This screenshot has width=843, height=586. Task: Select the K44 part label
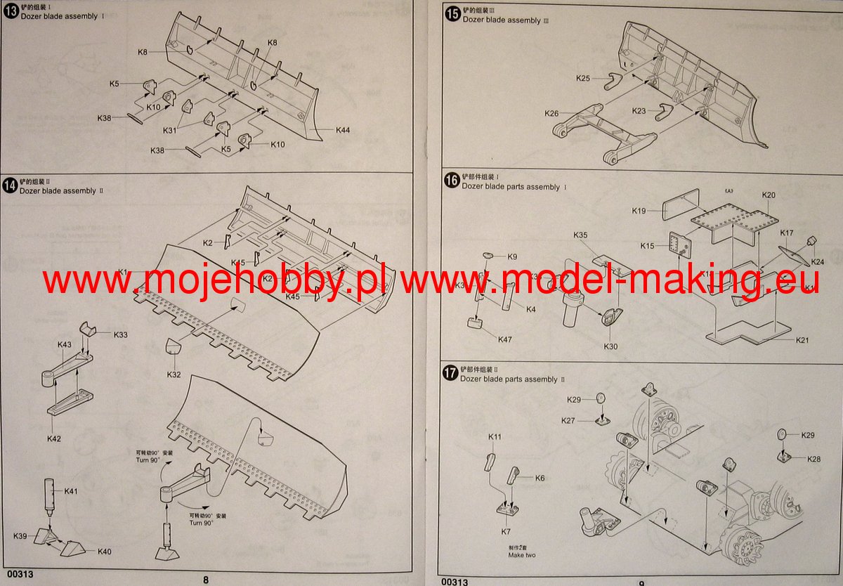(x=343, y=130)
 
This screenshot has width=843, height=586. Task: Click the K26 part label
(x=551, y=113)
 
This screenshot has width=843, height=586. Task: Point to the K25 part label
(x=583, y=78)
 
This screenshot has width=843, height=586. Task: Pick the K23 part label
(x=639, y=111)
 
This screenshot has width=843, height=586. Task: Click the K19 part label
(x=639, y=211)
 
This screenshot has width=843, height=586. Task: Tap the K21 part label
(x=803, y=340)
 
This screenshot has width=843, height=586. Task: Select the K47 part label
(x=505, y=339)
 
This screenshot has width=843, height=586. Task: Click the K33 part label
(x=121, y=335)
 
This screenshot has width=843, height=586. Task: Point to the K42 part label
(x=55, y=438)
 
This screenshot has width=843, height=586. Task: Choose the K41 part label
(x=71, y=490)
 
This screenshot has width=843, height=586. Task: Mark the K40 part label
(x=104, y=551)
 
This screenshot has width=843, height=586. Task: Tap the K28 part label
(x=813, y=459)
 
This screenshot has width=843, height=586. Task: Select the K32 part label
(x=174, y=375)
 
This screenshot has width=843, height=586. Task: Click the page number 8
(x=206, y=580)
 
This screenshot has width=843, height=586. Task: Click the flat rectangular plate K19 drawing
(x=681, y=209)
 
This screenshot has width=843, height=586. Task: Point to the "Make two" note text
(x=522, y=555)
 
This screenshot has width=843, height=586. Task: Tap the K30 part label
(x=610, y=346)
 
